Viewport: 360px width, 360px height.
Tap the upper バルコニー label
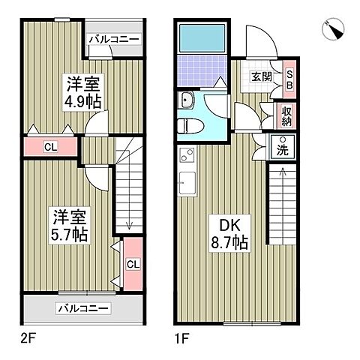pos(113,39)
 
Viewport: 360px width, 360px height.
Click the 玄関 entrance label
pos(262,75)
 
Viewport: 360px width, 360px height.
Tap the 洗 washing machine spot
pos(283,148)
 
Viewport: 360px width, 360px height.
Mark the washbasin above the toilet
pos(187,100)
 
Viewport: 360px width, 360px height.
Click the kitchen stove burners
pos(186,157)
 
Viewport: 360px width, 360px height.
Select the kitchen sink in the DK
pos(186,181)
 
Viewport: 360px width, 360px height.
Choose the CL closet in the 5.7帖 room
pos(132,263)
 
